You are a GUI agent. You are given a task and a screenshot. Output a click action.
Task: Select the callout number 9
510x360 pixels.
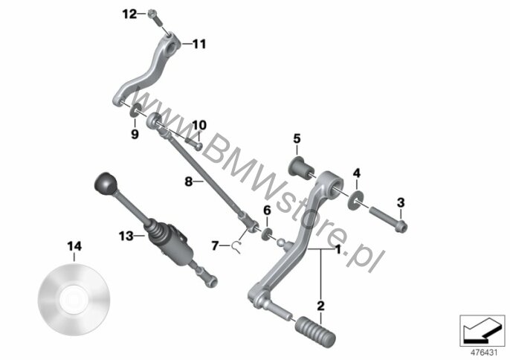(x=135, y=134)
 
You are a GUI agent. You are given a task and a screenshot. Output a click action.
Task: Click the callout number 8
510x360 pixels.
(x=188, y=181)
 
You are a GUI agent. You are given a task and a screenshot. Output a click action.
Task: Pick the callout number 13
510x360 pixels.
(x=125, y=236)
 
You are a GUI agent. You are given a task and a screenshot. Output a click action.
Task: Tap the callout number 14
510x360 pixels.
(x=74, y=245)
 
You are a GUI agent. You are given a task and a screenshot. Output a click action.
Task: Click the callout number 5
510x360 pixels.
(x=297, y=138)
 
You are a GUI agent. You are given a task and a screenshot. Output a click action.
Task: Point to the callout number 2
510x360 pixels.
(x=321, y=305)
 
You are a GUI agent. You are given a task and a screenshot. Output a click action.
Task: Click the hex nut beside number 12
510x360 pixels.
(x=152, y=14)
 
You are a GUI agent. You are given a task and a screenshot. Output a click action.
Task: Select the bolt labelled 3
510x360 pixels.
(x=387, y=221)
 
